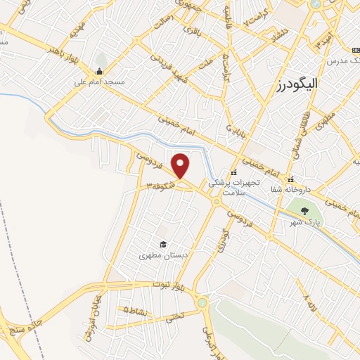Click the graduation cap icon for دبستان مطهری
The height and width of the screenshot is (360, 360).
click(163, 244)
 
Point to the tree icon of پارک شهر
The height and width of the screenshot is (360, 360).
click(304, 210)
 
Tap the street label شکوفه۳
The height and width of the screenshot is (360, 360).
click(161, 186)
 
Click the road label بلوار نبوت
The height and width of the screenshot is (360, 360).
click(169, 285)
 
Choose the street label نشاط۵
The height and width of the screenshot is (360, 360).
click(136, 309)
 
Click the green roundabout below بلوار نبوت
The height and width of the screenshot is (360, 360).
click(203, 303)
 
